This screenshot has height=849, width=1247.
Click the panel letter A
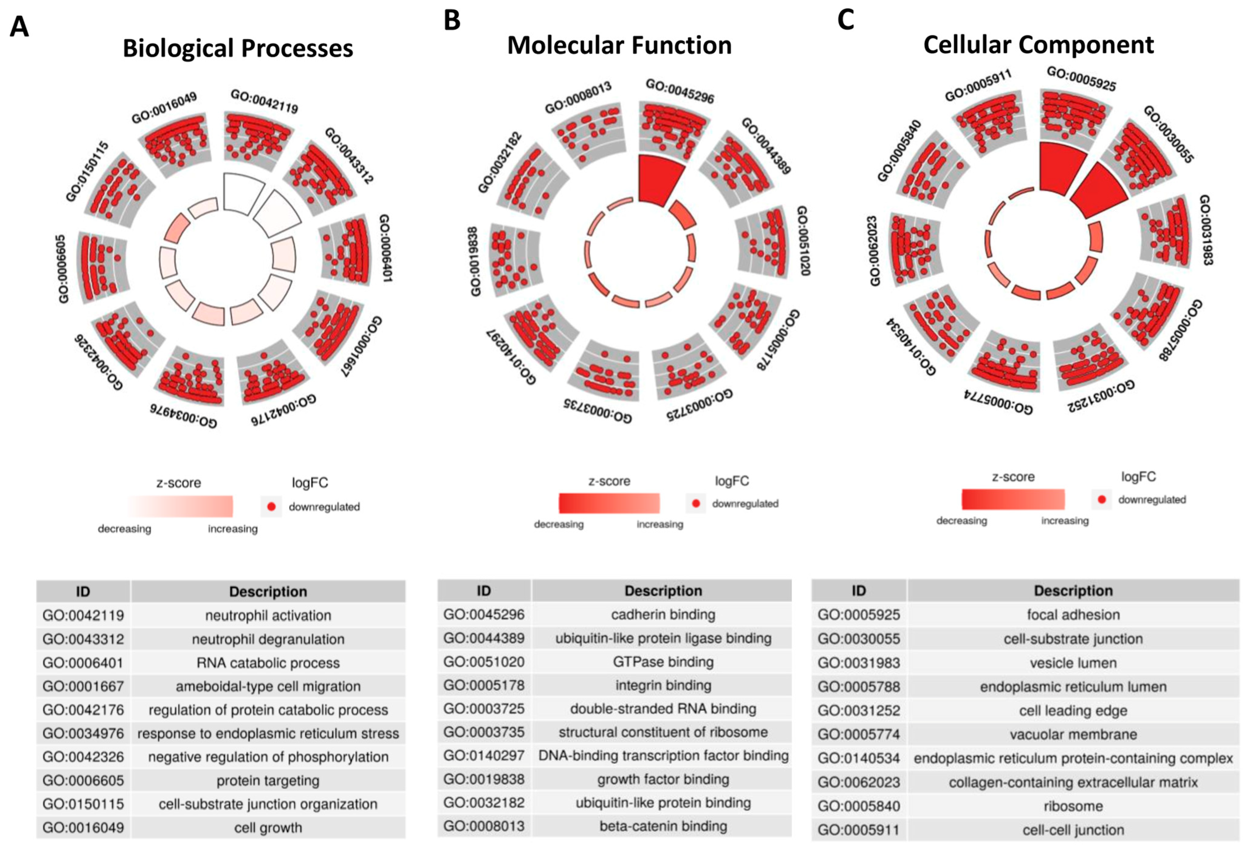[x=19, y=27]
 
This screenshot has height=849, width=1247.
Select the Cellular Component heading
[x=1038, y=45]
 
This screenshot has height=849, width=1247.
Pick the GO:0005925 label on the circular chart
[x=1081, y=79]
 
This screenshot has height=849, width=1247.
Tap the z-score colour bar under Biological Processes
[x=180, y=506]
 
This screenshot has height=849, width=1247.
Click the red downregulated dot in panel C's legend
[x=1101, y=500]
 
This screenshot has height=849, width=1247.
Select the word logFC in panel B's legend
[x=731, y=481]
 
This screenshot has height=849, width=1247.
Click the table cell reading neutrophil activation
[x=268, y=616]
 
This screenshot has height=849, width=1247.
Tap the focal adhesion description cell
[x=1073, y=615]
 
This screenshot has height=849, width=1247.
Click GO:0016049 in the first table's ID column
[x=83, y=827]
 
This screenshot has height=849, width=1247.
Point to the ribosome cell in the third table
[x=1073, y=806]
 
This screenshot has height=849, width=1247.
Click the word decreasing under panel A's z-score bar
[x=125, y=529]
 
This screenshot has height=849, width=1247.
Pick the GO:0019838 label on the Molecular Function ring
[x=474, y=261]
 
